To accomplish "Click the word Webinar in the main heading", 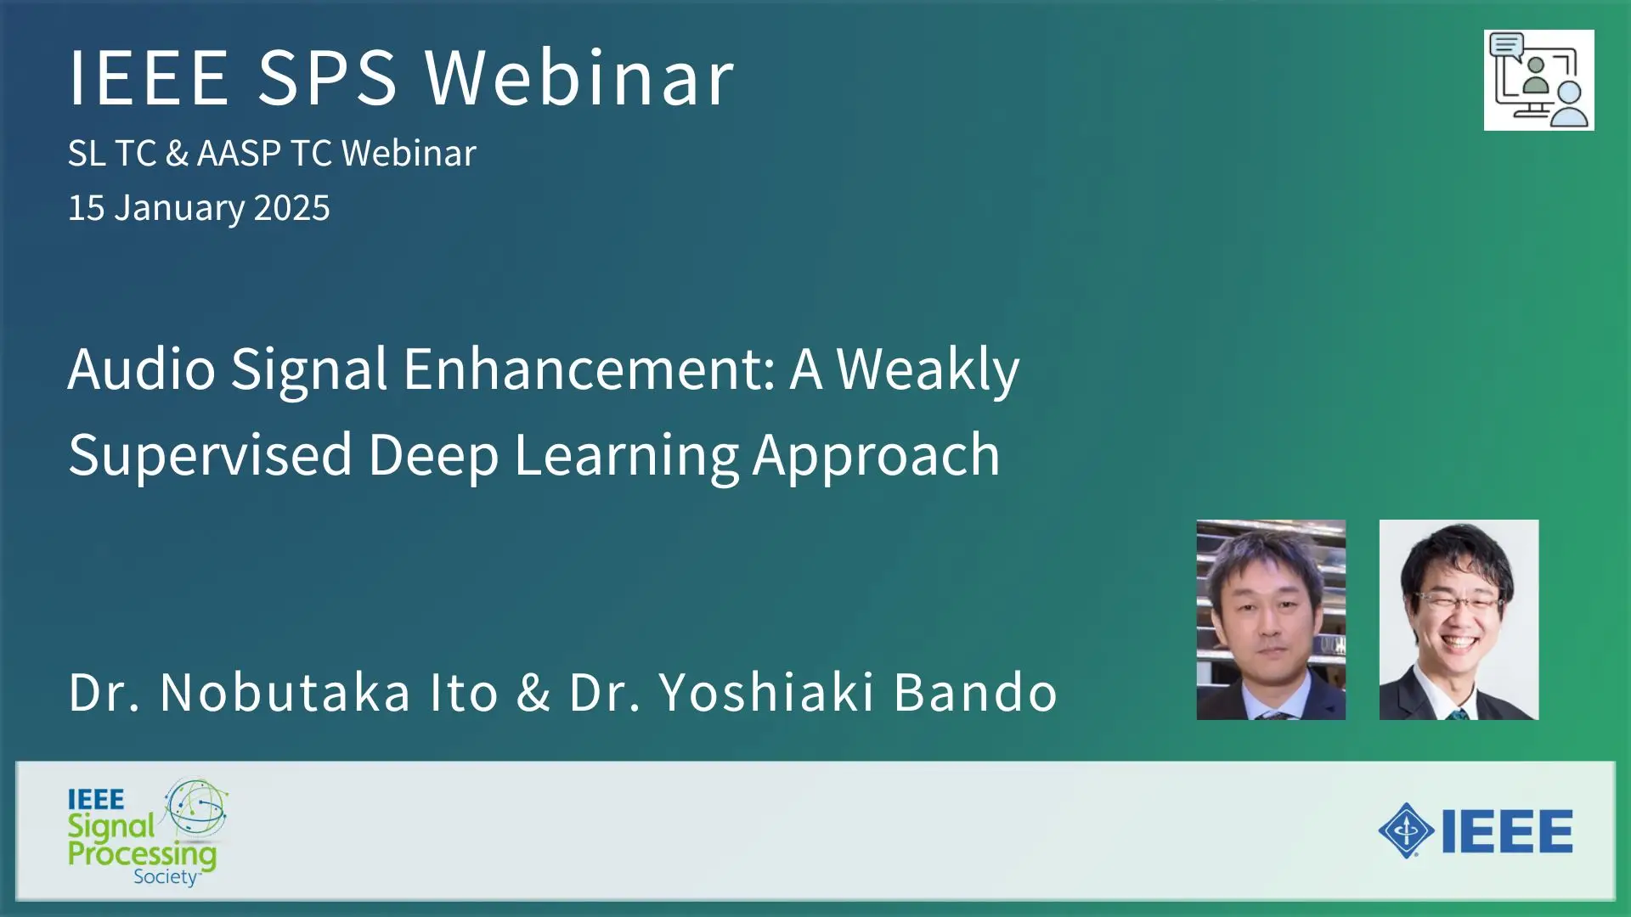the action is [x=579, y=77].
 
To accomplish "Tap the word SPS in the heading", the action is [x=327, y=77].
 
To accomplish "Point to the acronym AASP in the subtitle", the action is [x=239, y=154].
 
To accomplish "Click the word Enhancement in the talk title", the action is [x=589, y=369].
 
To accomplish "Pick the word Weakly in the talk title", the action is [x=928, y=371].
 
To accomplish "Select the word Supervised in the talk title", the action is [x=210, y=456].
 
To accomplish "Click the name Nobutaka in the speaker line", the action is [x=285, y=692].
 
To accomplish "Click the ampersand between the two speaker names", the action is [x=533, y=692].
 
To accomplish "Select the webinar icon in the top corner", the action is [x=1538, y=80].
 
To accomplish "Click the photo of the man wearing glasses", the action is [x=1459, y=620].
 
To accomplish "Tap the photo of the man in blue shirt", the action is [x=1271, y=620].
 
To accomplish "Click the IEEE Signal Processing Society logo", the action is [x=148, y=832].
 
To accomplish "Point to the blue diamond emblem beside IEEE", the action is [x=1406, y=830].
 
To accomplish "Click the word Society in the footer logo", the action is [x=166, y=877].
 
